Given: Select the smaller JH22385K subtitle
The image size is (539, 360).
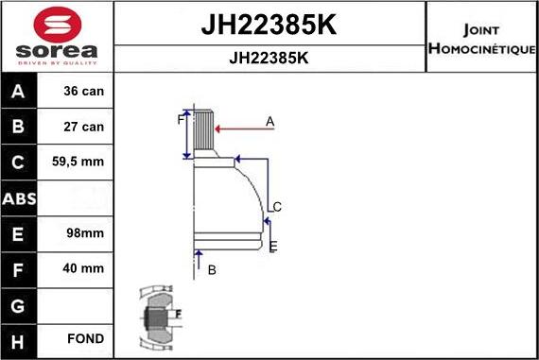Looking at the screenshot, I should [x=269, y=57].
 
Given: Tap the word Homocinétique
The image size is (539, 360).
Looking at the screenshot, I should [x=482, y=48].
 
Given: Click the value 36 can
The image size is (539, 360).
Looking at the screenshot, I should [x=83, y=93].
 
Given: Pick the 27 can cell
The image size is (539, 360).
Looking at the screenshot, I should [x=83, y=128].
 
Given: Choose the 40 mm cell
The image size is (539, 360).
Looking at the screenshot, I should [x=83, y=268].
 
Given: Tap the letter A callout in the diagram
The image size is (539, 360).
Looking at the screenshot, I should [x=269, y=121].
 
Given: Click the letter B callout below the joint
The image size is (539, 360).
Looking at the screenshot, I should [x=212, y=270].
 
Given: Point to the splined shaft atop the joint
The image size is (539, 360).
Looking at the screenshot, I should [x=205, y=132].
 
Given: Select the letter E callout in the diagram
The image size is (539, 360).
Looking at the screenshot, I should [x=272, y=247].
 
